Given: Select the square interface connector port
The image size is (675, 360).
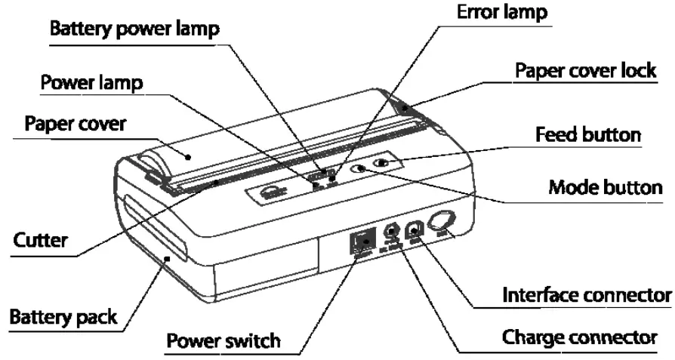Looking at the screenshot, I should tap(415, 231).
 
